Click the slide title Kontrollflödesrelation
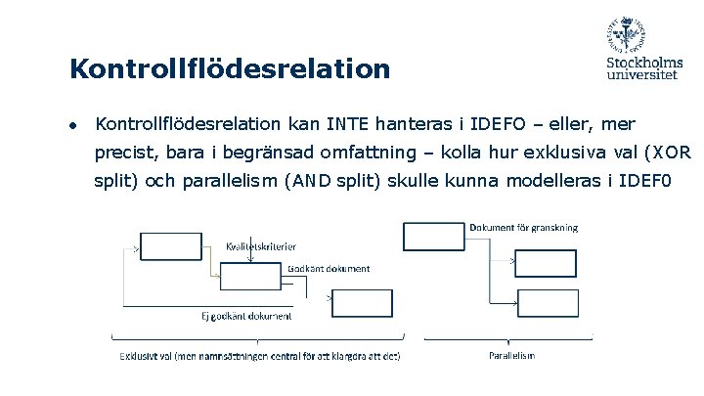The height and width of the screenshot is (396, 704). coord(230,69)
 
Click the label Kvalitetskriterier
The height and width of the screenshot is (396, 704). coord(261,246)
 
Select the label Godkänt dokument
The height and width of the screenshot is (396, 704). coord(329,268)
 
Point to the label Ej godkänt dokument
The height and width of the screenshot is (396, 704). coord(246,315)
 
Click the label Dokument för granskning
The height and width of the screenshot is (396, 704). coord(523,228)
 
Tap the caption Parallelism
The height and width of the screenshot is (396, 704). coord(511,355)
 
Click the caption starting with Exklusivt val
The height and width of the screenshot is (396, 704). coord(259,355)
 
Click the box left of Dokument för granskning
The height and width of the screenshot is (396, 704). coord(434,237)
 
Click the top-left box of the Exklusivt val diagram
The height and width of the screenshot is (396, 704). coord(172,246)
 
